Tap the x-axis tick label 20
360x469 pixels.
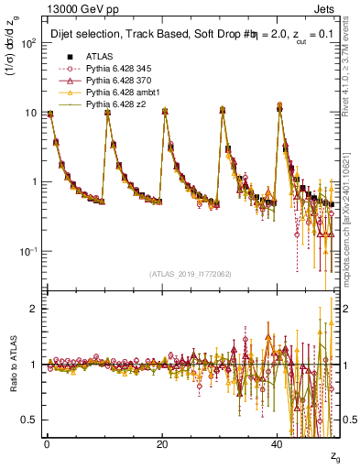click(x=162, y=444)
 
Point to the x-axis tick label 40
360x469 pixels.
click(x=278, y=444)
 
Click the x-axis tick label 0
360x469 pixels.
click(x=47, y=444)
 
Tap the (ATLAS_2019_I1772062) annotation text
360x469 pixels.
click(x=191, y=275)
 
